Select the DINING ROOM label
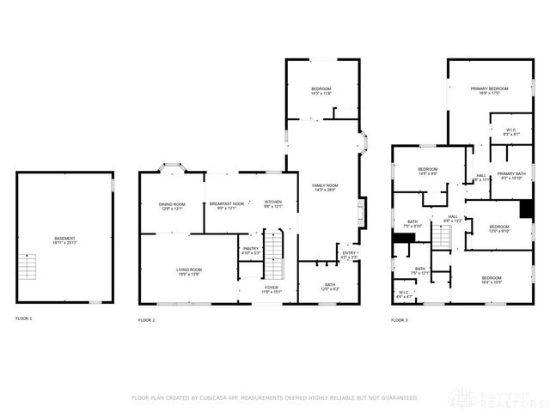[172, 204]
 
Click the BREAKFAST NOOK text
[227, 204]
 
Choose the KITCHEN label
[273, 203]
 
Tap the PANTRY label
[250, 249]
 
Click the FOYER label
[271, 288]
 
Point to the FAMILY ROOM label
[325, 186]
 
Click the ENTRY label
[349, 253]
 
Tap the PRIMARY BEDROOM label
[489, 89]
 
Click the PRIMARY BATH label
[510, 173]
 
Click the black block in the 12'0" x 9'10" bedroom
[526, 209]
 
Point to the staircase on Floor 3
[441, 239]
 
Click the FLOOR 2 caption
[146, 319]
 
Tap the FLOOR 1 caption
[23, 318]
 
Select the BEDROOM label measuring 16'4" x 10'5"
[492, 278]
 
